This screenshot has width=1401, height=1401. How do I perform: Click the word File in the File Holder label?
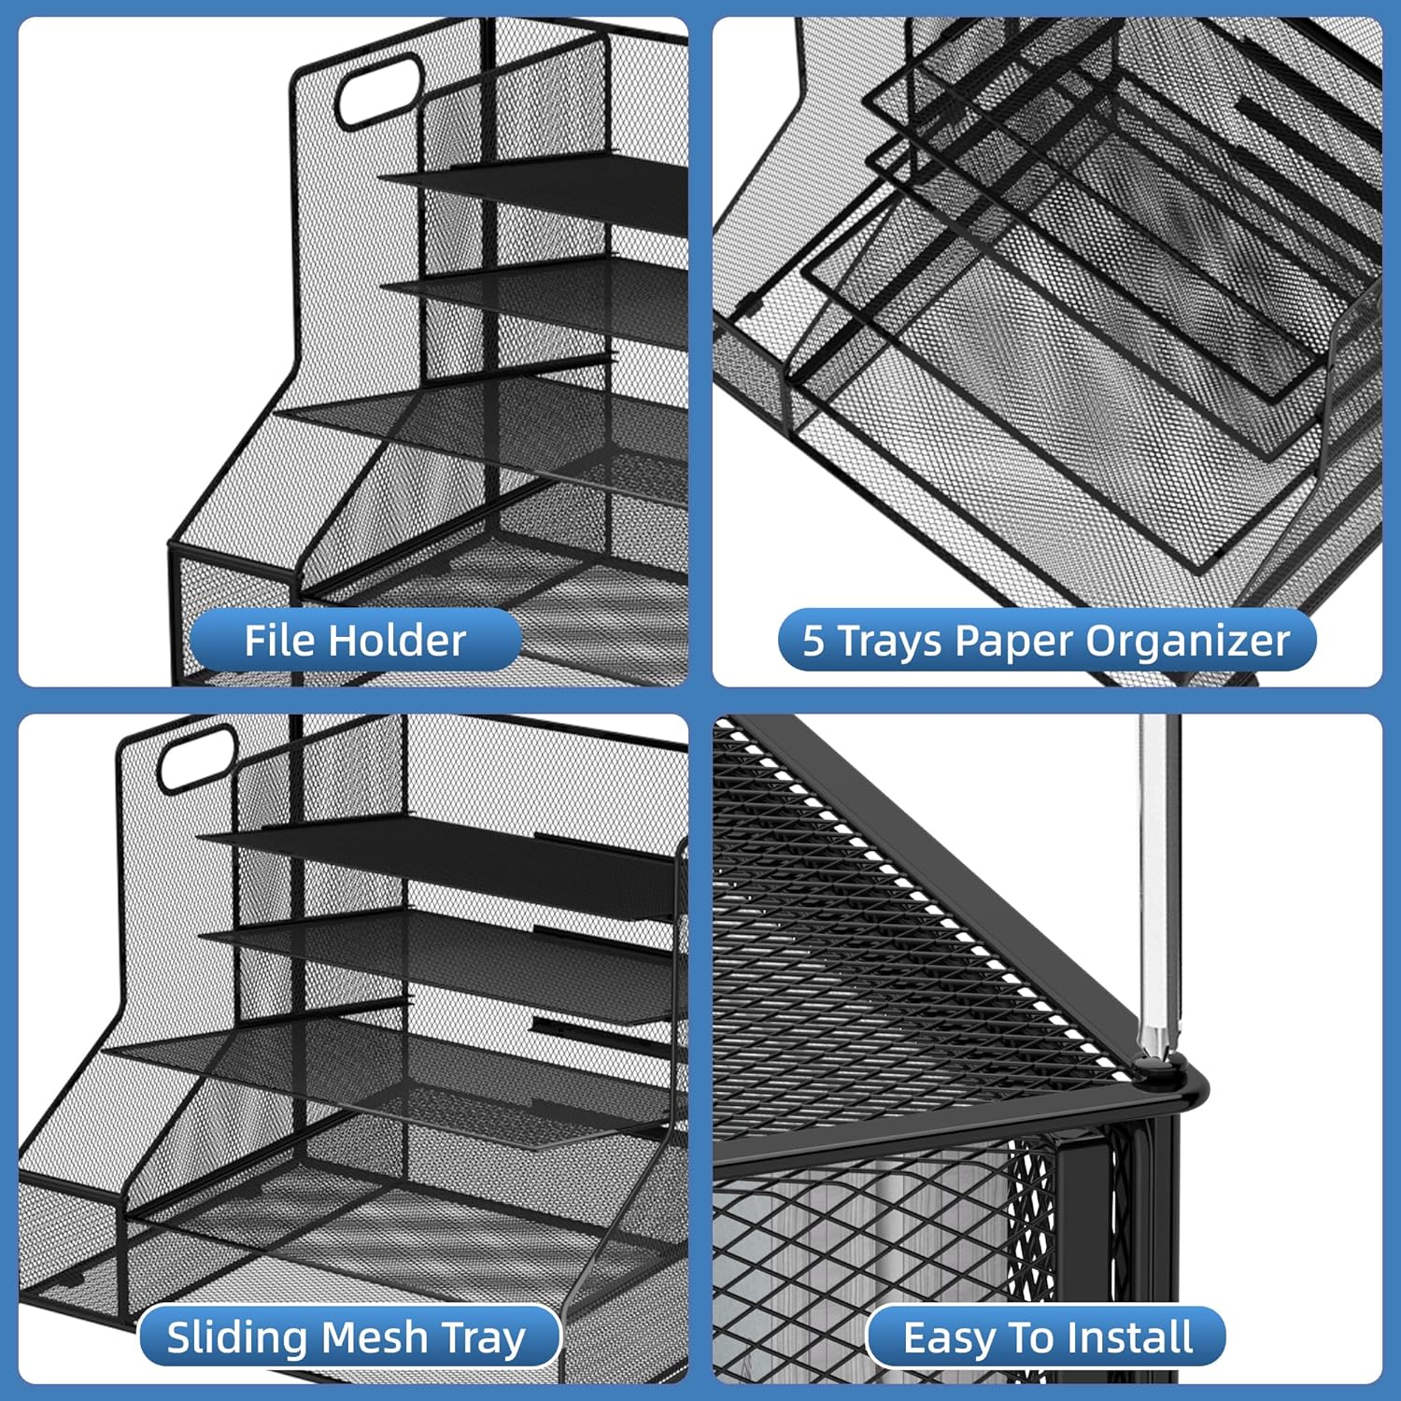(281, 641)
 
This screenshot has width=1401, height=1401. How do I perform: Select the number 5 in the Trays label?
(814, 641)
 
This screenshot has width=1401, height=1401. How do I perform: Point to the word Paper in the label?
(1015, 641)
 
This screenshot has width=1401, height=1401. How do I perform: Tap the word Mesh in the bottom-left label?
(374, 1337)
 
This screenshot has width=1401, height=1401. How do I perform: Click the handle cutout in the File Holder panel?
(378, 91)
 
